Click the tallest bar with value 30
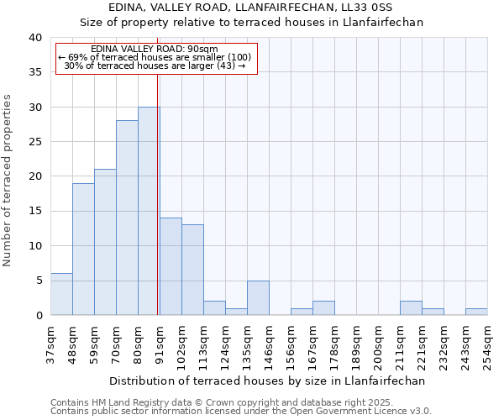149,211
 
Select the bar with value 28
127,218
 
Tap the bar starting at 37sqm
61,294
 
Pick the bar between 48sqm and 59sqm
83,249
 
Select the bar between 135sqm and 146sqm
258,297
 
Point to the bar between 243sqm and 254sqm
476,312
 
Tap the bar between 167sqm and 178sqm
323,308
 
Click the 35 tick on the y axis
36,72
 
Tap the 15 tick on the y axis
36,211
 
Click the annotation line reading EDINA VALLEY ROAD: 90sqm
155,49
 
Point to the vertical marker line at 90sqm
158,168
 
